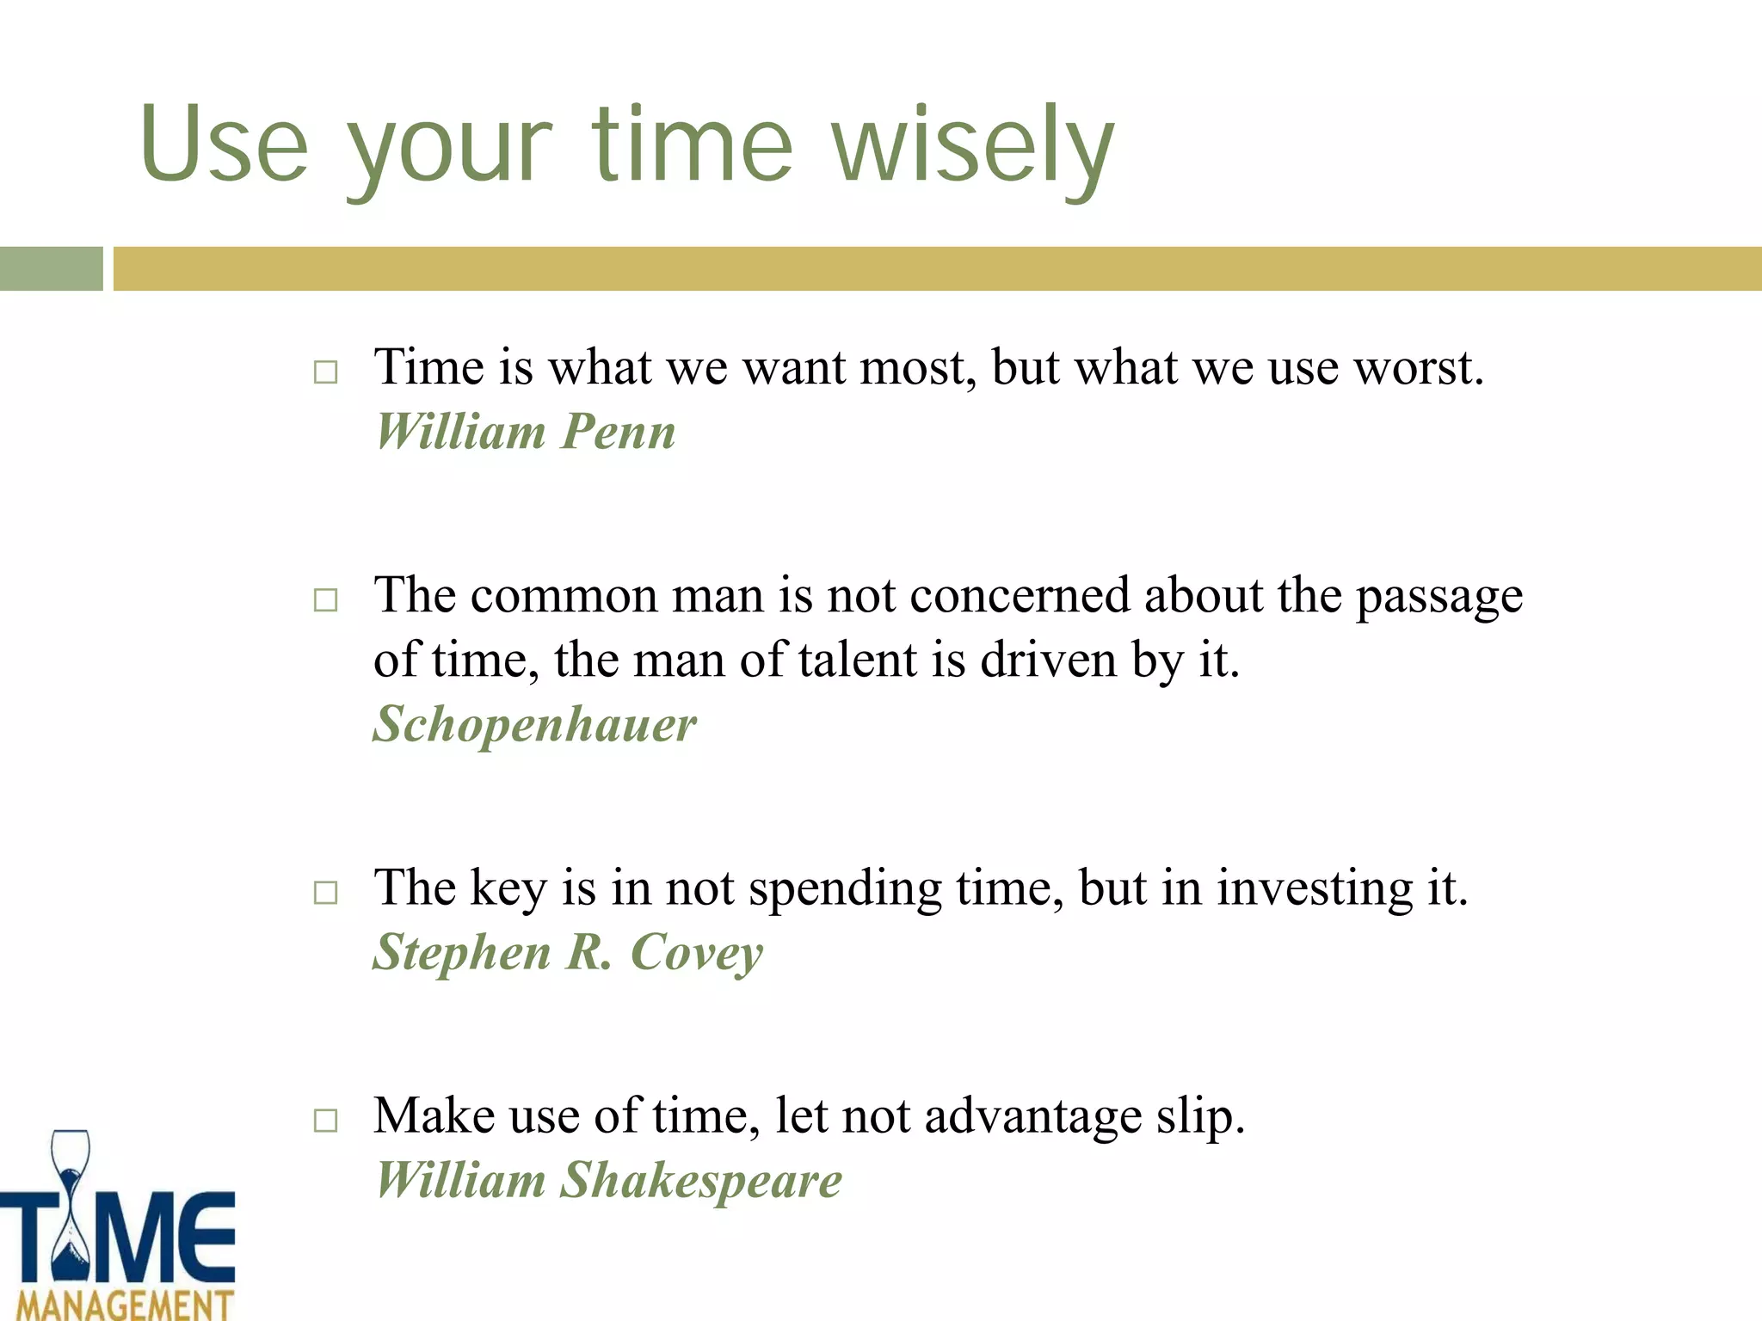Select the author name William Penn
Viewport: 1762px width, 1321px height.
coord(526,432)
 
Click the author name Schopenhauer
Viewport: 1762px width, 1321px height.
coord(534,724)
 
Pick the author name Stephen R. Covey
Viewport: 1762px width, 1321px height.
coord(568,953)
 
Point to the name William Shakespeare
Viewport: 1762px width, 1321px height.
coord(608,1180)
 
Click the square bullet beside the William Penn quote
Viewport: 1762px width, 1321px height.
coord(325,372)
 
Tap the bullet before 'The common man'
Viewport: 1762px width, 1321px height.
coord(325,599)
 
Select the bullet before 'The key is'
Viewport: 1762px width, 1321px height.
coord(325,892)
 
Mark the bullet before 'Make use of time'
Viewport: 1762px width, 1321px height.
coord(325,1120)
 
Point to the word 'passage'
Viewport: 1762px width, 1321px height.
coord(1439,597)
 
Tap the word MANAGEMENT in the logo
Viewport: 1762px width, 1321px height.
coord(125,1304)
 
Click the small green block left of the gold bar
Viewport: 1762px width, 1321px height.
coord(51,268)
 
